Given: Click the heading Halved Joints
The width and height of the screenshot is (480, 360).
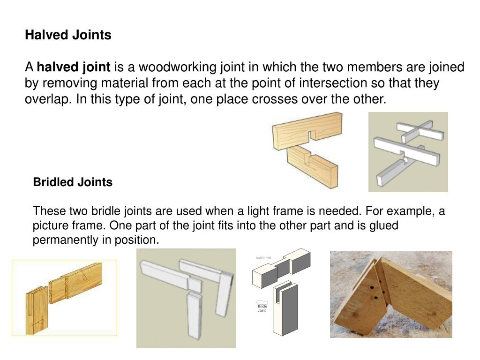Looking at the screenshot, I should click(x=68, y=35).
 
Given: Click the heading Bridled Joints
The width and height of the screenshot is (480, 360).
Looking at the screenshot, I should click(x=73, y=182).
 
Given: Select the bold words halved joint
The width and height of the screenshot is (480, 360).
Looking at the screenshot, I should click(x=74, y=67).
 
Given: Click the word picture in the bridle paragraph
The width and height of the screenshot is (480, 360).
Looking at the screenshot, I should click(x=48, y=225).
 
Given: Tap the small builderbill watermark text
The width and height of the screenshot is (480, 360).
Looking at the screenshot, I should click(x=263, y=258).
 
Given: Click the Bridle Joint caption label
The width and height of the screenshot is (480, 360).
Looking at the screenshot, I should click(x=262, y=308).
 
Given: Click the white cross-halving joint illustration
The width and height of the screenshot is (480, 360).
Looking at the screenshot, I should click(x=408, y=151).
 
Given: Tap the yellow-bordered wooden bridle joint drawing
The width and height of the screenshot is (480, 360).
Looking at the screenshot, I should click(x=64, y=298).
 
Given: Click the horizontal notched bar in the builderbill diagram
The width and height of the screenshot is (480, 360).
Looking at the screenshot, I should click(x=281, y=269).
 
